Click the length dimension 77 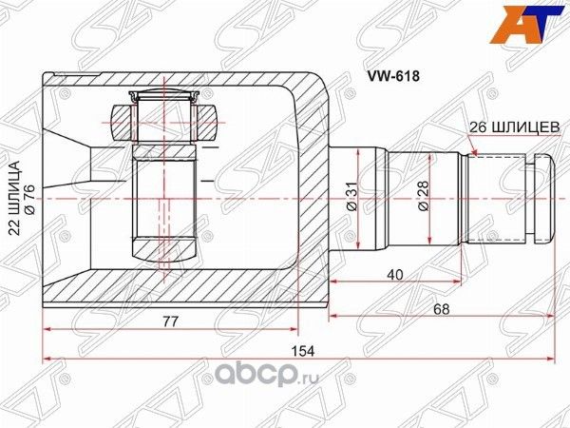coord(171,322)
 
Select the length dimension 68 coord(439,309)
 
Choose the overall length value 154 coord(302,350)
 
